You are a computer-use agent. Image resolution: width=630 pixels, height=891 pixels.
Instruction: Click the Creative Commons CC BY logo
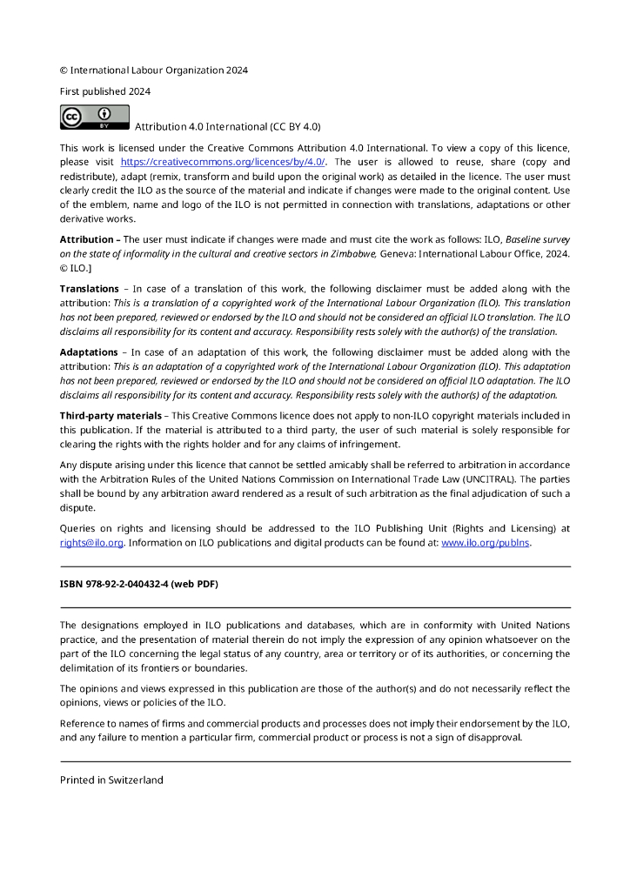click(x=94, y=117)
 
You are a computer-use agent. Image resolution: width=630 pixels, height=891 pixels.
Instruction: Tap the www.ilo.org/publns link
click(x=486, y=543)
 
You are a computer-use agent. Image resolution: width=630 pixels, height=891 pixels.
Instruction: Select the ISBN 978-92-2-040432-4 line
click(x=138, y=585)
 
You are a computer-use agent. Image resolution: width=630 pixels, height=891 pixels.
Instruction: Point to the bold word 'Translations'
click(x=90, y=288)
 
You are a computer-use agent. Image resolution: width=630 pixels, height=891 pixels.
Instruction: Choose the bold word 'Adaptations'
click(x=89, y=352)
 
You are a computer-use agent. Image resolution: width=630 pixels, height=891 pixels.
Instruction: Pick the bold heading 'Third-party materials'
click(x=114, y=416)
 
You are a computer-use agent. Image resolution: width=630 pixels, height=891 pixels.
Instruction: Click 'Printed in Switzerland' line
click(x=111, y=780)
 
